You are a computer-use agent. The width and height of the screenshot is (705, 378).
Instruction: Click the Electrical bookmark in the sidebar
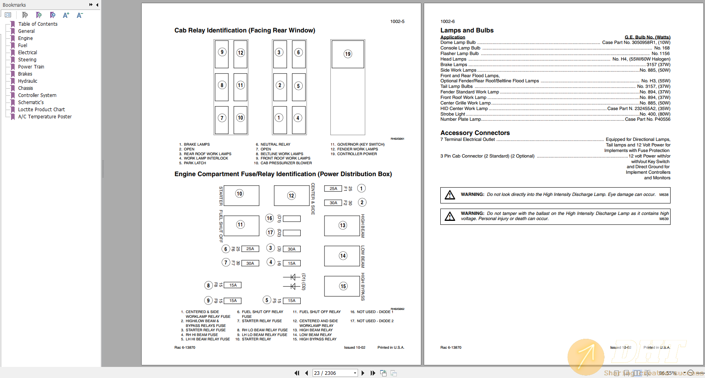click(x=27, y=53)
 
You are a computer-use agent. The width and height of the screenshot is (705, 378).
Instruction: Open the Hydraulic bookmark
click(x=27, y=81)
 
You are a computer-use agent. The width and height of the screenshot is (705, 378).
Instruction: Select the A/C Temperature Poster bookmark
click(x=45, y=117)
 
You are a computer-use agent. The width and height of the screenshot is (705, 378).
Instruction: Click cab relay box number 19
click(x=348, y=54)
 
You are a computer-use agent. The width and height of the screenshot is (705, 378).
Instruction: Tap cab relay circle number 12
click(x=241, y=53)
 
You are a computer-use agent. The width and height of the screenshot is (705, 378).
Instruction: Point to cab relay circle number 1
click(x=279, y=118)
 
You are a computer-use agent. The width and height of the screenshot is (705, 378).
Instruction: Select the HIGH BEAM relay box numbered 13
click(x=342, y=226)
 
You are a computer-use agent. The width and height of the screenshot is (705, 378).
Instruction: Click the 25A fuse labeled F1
click(x=334, y=188)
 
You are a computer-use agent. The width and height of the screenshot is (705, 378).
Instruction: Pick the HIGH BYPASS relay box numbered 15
click(x=342, y=286)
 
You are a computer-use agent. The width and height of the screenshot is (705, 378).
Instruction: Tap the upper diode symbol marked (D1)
click(x=292, y=277)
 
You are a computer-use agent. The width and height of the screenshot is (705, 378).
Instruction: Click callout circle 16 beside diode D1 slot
click(x=269, y=218)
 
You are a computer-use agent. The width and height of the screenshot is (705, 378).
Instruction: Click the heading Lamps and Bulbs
click(x=467, y=30)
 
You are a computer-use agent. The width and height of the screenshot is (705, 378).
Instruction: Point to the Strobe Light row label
click(x=453, y=114)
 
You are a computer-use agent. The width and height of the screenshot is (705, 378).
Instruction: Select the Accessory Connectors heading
click(x=475, y=133)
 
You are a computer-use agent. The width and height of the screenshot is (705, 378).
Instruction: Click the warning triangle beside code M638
click(x=450, y=195)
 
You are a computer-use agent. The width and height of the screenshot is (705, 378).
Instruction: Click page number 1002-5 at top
click(x=397, y=21)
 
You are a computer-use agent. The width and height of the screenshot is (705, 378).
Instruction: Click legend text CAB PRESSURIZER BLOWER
click(x=286, y=163)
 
